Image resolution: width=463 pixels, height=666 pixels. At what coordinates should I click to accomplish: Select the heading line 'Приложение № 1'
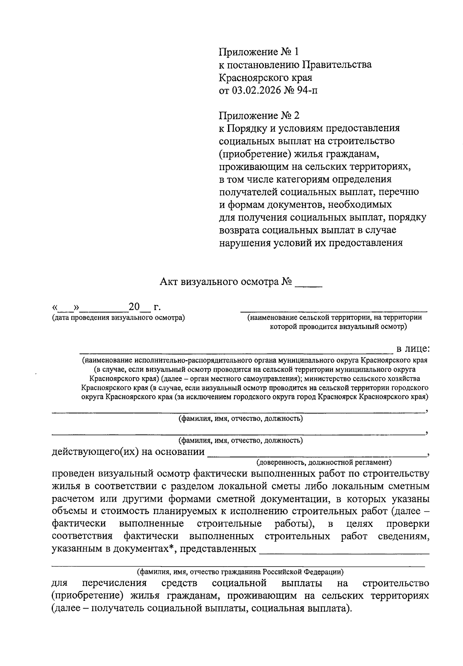tap(259, 52)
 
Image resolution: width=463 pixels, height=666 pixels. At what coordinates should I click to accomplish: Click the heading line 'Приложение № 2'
tap(259, 115)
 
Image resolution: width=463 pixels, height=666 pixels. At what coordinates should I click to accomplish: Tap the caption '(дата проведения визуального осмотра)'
tap(118, 318)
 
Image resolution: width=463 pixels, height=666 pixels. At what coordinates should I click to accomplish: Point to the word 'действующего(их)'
tap(95, 452)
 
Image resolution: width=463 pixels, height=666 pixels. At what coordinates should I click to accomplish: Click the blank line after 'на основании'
tap(316, 455)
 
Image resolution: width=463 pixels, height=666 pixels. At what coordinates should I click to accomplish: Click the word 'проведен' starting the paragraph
tap(73, 473)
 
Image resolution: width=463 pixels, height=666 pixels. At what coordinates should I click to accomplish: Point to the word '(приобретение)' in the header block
tap(255, 154)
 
